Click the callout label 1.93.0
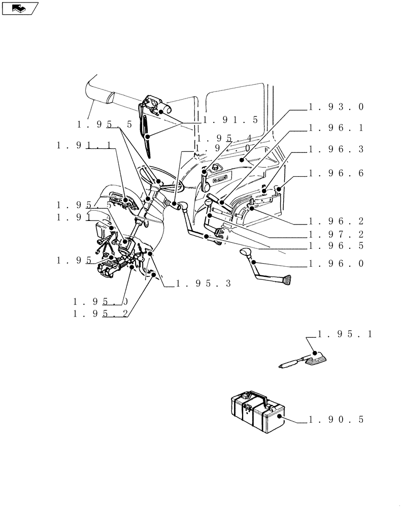click(336, 107)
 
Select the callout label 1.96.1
click(336, 129)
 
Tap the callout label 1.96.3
click(336, 150)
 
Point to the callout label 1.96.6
click(336, 174)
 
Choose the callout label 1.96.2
click(336, 221)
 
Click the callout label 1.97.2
click(336, 235)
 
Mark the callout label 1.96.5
click(336, 246)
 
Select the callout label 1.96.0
click(336, 264)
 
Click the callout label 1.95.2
click(100, 314)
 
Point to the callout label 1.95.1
click(345, 334)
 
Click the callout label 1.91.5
click(230, 120)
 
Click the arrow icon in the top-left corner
click(20, 8)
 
